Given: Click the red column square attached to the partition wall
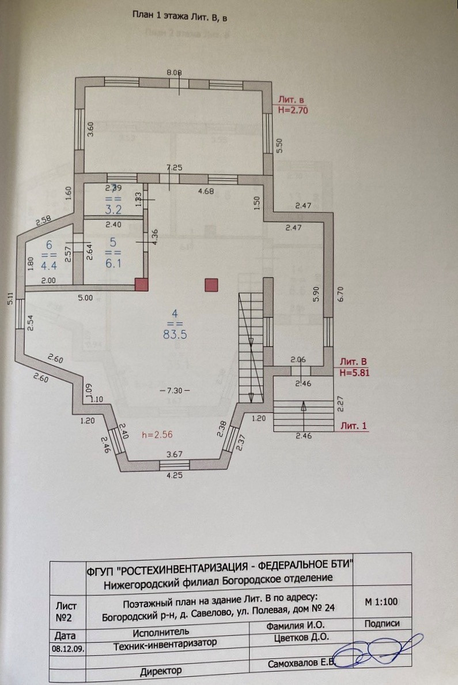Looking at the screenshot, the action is [141, 284].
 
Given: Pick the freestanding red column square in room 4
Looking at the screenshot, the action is [211, 284].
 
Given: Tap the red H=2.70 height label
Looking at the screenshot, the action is [293, 110].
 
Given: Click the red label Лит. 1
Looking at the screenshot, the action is [354, 426].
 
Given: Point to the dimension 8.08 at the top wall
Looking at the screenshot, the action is [174, 73].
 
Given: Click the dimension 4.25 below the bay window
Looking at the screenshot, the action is [175, 476].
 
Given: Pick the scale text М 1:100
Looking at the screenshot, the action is [381, 601].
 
